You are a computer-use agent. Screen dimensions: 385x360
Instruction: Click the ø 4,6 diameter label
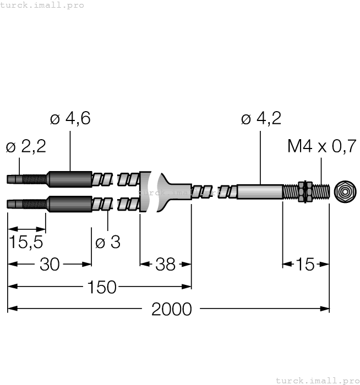click(x=70, y=118)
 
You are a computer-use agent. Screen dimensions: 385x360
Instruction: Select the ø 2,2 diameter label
click(x=25, y=146)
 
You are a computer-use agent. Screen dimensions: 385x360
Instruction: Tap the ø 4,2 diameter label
click(x=261, y=118)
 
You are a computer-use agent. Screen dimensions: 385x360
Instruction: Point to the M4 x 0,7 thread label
click(x=321, y=146)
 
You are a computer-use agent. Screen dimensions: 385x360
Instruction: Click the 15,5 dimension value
click(x=26, y=242)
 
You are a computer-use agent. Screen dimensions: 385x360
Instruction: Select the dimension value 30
click(x=50, y=265)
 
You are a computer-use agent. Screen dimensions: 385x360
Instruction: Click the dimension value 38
click(x=165, y=265)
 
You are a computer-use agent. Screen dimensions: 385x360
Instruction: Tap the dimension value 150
click(x=101, y=287)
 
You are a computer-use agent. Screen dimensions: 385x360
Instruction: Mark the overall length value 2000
click(x=171, y=309)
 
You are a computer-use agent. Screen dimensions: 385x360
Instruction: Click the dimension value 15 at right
click(x=305, y=265)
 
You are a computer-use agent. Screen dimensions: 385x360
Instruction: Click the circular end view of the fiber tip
click(x=345, y=192)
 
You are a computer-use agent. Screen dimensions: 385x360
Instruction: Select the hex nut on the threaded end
click(x=302, y=192)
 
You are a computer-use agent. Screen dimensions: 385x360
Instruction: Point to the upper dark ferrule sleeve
click(x=69, y=179)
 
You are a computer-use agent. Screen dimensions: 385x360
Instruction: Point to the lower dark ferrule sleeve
click(x=69, y=204)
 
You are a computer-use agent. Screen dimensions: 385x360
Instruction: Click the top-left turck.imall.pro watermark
click(x=42, y=5)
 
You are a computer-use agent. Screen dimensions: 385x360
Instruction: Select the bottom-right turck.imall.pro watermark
click(x=317, y=380)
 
